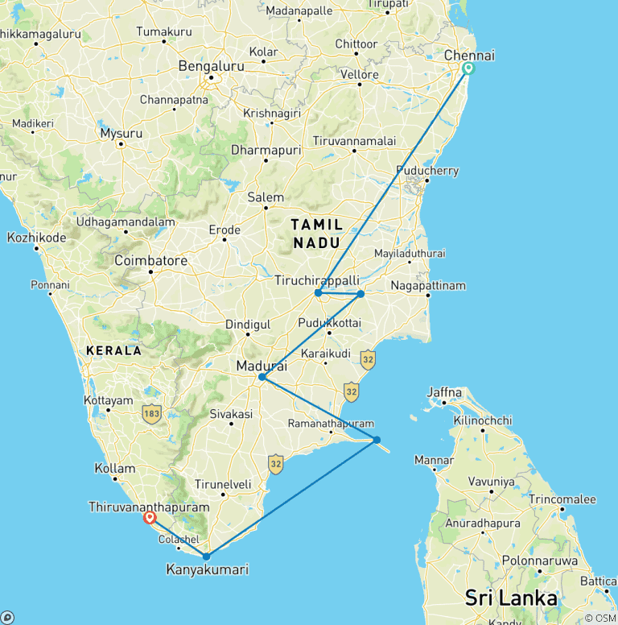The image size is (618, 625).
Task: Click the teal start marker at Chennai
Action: (468, 68)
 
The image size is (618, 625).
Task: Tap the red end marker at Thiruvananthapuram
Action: (150, 518)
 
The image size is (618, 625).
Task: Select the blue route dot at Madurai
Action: (262, 377)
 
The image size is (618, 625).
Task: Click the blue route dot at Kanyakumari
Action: (207, 557)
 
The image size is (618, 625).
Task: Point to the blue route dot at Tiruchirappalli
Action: (319, 293)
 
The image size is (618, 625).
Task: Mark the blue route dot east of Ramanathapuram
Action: (377, 440)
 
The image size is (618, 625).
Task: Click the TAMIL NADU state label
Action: (316, 233)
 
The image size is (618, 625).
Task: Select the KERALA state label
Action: (113, 351)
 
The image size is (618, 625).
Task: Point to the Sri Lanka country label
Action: (511, 598)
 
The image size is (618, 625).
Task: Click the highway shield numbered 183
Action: (150, 414)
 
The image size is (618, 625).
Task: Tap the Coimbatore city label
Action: (150, 261)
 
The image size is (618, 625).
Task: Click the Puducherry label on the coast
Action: (426, 171)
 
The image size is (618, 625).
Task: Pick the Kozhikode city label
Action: (36, 238)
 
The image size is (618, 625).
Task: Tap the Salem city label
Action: (266, 197)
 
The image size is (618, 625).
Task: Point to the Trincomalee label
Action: (562, 499)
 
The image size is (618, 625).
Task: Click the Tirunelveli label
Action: (223, 485)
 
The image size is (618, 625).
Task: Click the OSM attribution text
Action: (600, 618)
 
